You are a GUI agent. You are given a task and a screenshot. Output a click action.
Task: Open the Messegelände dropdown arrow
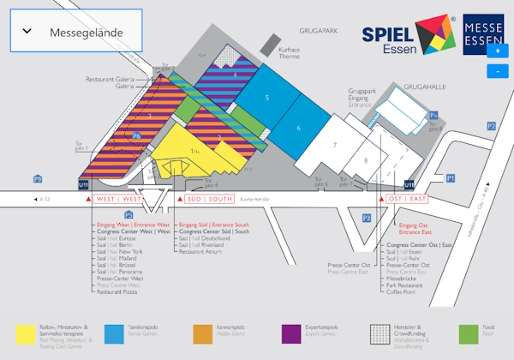tap(27, 32)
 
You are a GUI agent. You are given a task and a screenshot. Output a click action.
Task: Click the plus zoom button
tap(498, 51)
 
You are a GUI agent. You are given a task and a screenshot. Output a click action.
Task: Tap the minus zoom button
tap(498, 71)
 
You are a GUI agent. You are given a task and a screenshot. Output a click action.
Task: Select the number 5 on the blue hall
tap(267, 99)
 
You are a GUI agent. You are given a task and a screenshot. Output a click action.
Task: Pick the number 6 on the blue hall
tap(299, 128)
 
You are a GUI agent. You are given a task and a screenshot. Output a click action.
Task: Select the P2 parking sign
tap(491, 126)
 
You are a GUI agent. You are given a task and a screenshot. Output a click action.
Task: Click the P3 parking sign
tap(366, 219)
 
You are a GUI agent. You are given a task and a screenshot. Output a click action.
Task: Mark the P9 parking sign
tap(38, 178)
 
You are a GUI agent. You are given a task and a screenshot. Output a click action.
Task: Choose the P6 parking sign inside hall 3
tap(136, 136)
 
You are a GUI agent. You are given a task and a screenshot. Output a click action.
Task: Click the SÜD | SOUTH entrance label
tap(209, 199)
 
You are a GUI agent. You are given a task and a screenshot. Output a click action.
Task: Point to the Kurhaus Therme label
tap(290, 54)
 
